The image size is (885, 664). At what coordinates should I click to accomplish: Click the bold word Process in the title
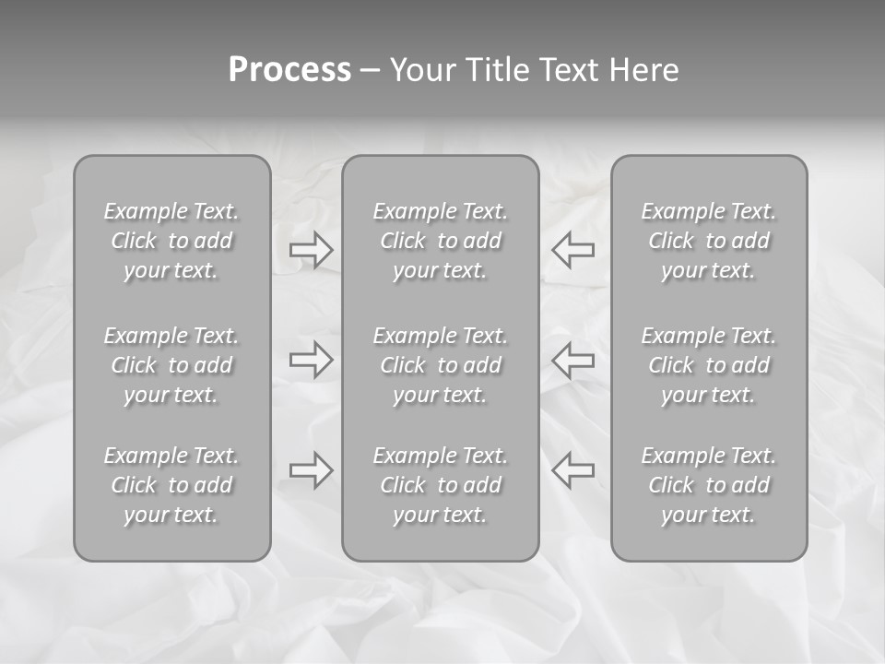coord(289,70)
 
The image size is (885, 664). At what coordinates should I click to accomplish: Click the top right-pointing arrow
coord(312,249)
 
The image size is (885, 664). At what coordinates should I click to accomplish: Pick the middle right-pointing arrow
coord(312,360)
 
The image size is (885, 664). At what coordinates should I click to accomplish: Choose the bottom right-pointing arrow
coord(312,470)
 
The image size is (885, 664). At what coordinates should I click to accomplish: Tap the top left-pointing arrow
coord(573,249)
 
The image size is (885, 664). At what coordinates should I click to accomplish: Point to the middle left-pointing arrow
coord(573,360)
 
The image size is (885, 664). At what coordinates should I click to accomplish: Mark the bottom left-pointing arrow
coord(573,470)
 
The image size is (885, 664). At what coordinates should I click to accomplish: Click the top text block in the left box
coord(171,241)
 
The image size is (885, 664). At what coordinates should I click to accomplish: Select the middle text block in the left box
coord(171,365)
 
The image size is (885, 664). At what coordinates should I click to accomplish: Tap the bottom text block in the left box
coord(171,485)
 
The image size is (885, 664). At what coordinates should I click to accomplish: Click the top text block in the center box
coord(441,241)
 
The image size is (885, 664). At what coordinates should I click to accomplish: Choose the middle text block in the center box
coord(441,365)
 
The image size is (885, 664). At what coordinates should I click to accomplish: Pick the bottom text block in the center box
coord(441,485)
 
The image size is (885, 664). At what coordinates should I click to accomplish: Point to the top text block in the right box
coord(709,241)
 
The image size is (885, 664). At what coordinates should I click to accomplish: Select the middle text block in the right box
coord(709,365)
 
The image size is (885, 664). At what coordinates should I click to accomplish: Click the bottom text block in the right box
coord(709,485)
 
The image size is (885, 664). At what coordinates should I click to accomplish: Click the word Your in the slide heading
coord(421,70)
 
